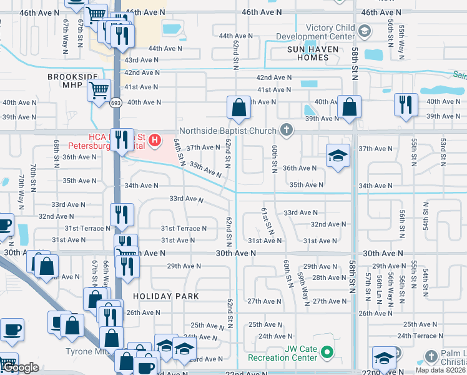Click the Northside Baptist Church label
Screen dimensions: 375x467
pos(227,131)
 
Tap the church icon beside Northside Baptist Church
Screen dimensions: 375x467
pos(287,130)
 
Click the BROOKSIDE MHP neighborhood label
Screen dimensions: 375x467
pos(73,82)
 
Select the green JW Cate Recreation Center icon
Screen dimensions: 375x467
pos(327,354)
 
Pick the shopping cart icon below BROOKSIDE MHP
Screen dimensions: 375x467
pos(99,91)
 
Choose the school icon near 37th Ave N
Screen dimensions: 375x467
pos(337,156)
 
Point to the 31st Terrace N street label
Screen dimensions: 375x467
pos(184,229)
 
